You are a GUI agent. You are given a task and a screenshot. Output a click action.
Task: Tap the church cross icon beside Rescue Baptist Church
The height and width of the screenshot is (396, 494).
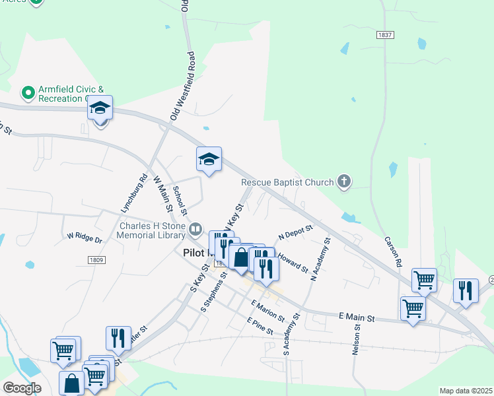pos(343,181)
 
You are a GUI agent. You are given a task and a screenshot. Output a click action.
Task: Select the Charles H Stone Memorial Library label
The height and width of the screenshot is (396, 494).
pos(153,230)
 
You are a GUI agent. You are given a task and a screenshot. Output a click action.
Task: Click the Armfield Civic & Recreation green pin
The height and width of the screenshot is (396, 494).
pos(28,93)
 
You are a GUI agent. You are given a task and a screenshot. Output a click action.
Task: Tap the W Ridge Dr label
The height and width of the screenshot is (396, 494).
pos(85,238)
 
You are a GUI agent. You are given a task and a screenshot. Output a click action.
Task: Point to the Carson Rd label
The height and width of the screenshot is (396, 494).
pos(394,249)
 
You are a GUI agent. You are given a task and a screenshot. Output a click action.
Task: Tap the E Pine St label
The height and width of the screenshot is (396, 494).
pos(260,326)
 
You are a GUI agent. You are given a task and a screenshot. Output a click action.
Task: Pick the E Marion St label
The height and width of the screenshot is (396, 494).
pos(267,310)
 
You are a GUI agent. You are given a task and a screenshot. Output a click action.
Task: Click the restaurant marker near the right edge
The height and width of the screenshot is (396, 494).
pos(466,291)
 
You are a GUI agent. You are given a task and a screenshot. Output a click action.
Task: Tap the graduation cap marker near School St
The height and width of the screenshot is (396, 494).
pos(209,159)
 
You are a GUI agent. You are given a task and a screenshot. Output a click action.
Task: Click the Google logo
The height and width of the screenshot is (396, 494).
pos(22,388)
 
